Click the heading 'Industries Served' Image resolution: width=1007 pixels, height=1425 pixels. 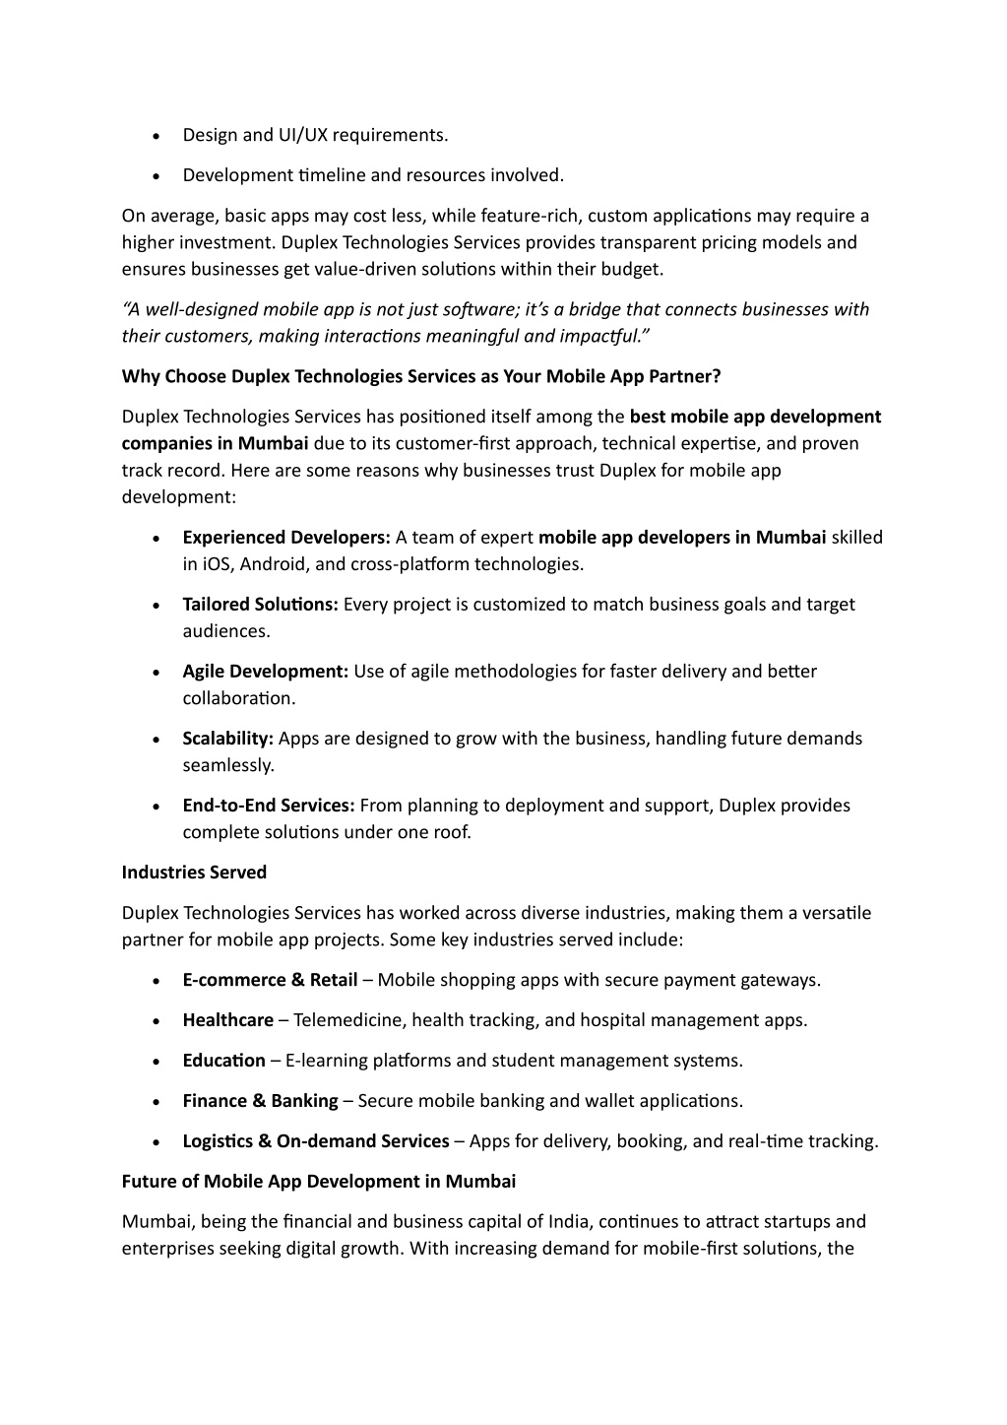click(194, 873)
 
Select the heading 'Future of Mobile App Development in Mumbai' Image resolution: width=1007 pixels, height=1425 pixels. click(318, 1181)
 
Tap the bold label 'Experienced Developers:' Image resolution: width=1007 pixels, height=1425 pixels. click(286, 538)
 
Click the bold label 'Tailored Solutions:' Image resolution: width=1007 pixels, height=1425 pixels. click(260, 605)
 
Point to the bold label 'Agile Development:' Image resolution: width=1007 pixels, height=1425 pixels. click(265, 672)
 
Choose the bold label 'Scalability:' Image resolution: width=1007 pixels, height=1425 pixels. click(227, 739)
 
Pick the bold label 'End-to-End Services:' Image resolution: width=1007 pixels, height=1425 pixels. click(268, 806)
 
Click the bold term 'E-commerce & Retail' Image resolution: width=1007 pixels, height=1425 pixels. click(270, 980)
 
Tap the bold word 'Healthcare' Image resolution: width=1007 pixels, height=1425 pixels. click(227, 1020)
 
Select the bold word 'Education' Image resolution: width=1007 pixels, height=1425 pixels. click(223, 1061)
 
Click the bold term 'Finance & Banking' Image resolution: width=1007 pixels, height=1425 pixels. click(260, 1101)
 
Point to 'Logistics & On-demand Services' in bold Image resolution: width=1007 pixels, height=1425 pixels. click(315, 1141)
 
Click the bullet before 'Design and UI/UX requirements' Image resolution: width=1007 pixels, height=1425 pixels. click(157, 136)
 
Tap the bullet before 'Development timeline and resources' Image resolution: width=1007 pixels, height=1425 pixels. click(157, 176)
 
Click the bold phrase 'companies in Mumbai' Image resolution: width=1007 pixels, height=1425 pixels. click(215, 443)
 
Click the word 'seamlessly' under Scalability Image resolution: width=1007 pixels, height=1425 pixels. click(227, 765)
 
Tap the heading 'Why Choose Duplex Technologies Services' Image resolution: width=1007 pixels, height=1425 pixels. click(420, 376)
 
